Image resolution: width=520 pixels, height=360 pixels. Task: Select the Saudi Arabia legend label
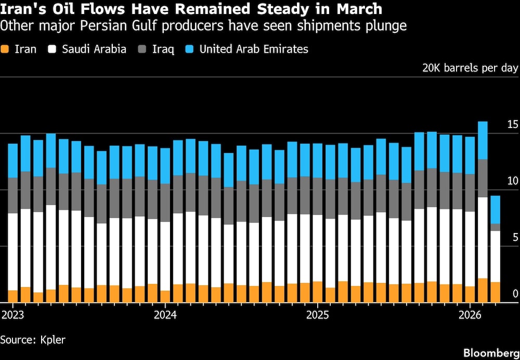94,49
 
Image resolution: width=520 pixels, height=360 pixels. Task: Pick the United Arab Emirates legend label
254,49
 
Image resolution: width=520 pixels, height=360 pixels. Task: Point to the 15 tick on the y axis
513,124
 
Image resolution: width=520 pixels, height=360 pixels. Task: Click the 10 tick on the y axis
513,181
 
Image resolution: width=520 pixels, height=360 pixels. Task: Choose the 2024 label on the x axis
165,315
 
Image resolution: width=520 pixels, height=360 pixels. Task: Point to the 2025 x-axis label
317,315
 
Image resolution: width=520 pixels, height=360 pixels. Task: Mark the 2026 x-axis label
470,315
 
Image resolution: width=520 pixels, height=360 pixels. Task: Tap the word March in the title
356,9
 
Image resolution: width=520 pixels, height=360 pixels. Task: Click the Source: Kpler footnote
33,340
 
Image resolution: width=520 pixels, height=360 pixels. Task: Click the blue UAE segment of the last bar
495,210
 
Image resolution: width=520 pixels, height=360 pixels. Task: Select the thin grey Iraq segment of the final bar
495,227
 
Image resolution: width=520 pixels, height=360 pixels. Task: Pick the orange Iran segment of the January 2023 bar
13,296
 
